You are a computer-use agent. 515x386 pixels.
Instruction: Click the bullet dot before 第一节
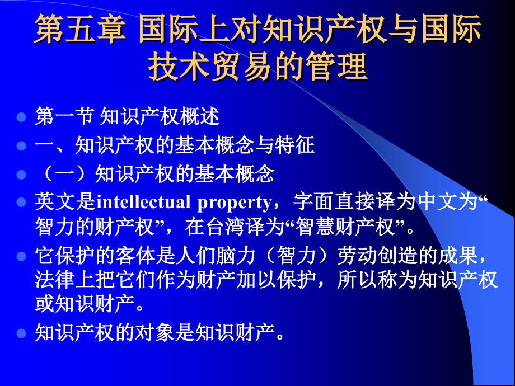click(x=21, y=118)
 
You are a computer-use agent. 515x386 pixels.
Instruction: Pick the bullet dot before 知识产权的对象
click(x=21, y=334)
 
